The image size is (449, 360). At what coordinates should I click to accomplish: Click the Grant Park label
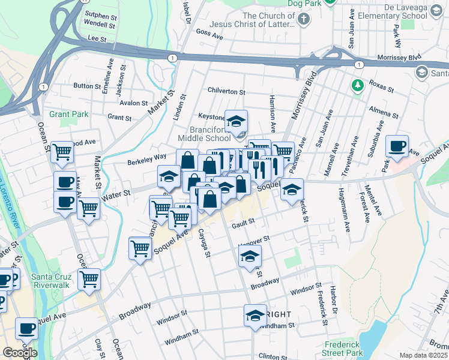(x=68, y=114)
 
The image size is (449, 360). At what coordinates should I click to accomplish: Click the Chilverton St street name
(x=226, y=92)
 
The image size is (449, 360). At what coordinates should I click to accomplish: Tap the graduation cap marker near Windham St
(x=255, y=315)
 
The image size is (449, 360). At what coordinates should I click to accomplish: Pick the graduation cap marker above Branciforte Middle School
(x=236, y=120)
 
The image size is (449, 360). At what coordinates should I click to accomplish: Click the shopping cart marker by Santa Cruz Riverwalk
(x=89, y=279)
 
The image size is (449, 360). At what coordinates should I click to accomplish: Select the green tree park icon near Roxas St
(x=358, y=85)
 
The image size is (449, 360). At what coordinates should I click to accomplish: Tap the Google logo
(x=20, y=352)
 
